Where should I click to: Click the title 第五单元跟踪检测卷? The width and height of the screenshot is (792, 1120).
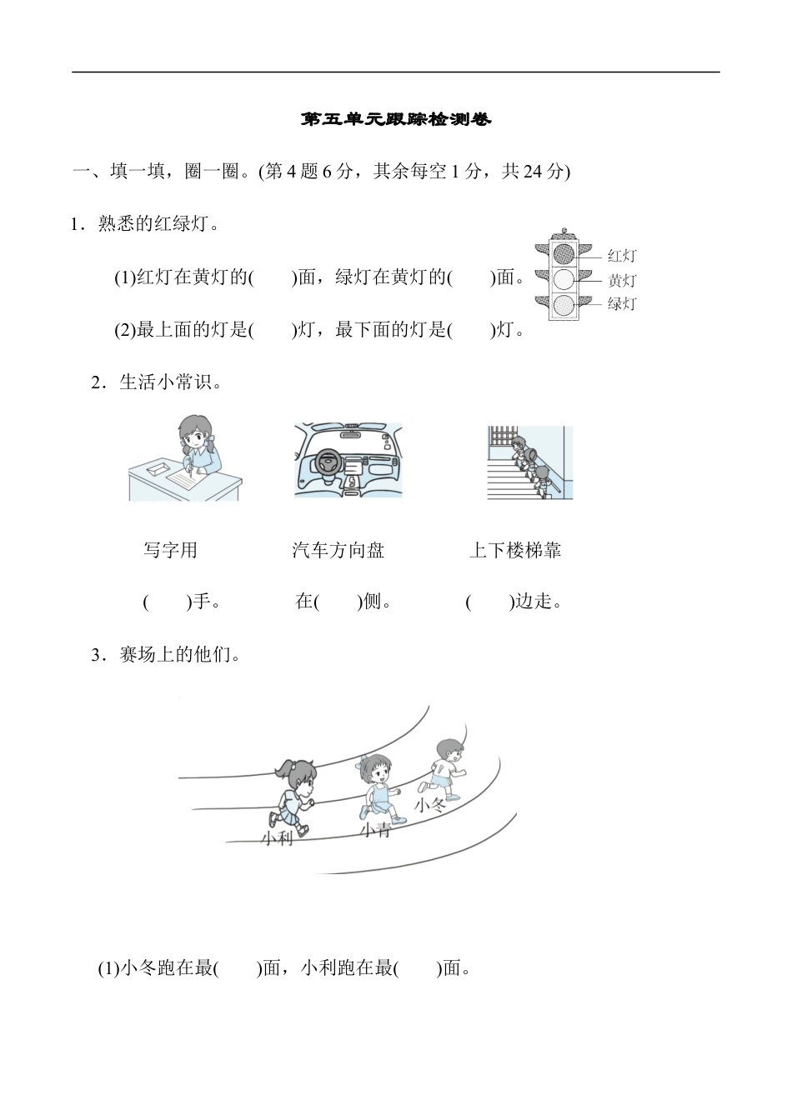pyautogui.click(x=396, y=120)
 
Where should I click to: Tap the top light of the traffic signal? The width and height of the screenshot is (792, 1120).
pyautogui.click(x=564, y=253)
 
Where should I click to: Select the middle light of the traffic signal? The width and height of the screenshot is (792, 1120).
pyautogui.click(x=564, y=279)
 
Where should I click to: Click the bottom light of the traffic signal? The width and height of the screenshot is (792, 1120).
pyautogui.click(x=564, y=304)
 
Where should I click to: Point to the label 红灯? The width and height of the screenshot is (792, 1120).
pyautogui.click(x=621, y=256)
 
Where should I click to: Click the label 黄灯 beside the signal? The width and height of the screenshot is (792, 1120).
pyautogui.click(x=621, y=281)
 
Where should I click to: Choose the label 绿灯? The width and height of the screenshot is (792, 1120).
pyautogui.click(x=621, y=304)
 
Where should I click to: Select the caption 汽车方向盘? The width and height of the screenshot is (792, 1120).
pyautogui.click(x=338, y=550)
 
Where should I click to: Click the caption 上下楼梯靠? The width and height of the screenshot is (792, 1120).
pyautogui.click(x=514, y=550)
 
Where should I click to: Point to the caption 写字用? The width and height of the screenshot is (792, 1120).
pyautogui.click(x=170, y=550)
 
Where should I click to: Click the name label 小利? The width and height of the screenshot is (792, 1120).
pyautogui.click(x=277, y=838)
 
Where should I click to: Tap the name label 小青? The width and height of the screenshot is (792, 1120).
pyautogui.click(x=375, y=830)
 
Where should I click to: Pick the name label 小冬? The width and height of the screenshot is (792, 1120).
pyautogui.click(x=430, y=805)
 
